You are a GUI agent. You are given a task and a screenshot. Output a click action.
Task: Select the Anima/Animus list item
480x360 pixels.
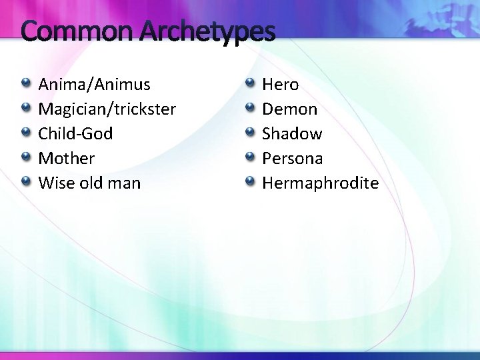pos(94,85)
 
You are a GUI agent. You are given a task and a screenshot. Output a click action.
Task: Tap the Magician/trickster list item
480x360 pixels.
pos(107,109)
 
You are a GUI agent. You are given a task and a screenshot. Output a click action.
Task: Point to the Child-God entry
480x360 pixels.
pos(75,133)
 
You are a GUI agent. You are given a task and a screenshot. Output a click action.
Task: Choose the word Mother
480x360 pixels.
pos(67,158)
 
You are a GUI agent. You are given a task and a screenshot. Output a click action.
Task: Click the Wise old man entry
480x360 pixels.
pos(89,183)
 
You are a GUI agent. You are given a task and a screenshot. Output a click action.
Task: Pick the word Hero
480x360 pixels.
pos(280,85)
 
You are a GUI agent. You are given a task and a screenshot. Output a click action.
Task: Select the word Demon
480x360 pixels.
pos(289,109)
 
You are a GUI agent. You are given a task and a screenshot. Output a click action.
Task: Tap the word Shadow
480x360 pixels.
pos(292,133)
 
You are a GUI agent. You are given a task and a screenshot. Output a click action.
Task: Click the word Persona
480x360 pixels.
pos(292,158)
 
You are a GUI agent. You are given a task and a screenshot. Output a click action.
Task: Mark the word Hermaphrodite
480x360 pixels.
pos(320,183)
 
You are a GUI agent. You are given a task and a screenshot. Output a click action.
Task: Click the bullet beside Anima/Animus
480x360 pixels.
pos(25,84)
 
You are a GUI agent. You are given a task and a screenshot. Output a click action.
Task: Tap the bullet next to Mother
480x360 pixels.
pos(25,157)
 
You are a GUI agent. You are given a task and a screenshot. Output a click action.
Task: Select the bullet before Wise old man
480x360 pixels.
pos(25,181)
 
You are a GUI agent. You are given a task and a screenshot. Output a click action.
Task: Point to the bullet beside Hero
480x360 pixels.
pos(249,84)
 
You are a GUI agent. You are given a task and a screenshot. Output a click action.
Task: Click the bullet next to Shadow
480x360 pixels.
pos(249,132)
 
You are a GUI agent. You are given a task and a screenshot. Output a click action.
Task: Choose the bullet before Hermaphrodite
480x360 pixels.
pos(249,181)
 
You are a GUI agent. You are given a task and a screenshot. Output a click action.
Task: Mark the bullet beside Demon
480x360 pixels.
pos(249,108)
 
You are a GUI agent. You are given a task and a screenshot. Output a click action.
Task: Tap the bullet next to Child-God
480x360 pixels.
pos(25,132)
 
